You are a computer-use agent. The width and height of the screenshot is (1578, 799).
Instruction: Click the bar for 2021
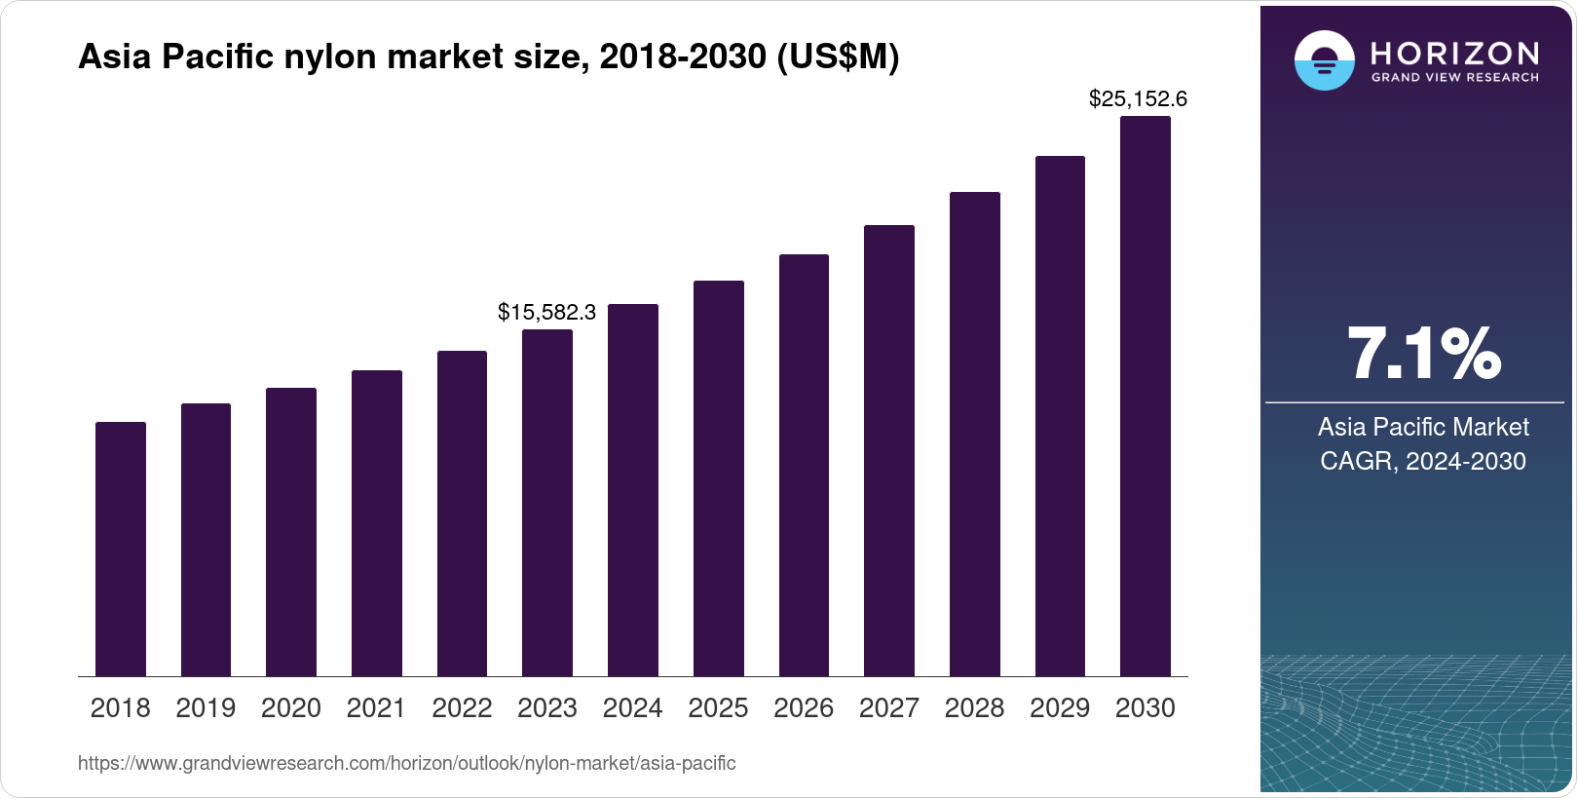tap(377, 523)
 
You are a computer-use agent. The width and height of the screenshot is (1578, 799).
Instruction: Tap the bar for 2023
tap(547, 503)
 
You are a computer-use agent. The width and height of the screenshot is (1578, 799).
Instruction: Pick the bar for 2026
tap(804, 465)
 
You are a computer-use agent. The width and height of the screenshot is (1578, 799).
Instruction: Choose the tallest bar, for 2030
tap(1146, 396)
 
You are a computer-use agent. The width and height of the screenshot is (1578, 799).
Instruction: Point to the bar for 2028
tap(975, 434)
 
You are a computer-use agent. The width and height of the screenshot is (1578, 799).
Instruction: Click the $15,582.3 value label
tap(546, 312)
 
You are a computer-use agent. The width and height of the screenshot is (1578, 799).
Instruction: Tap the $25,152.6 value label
tap(1138, 98)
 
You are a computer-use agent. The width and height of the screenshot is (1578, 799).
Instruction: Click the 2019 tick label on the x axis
tap(206, 708)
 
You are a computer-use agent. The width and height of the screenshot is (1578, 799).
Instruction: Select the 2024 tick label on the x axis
tap(632, 708)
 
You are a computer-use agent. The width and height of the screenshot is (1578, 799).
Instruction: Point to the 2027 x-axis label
tap(889, 708)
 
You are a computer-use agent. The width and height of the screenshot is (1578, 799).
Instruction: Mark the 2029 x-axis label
tap(1060, 708)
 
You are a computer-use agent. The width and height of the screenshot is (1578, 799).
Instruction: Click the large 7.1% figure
tap(1423, 355)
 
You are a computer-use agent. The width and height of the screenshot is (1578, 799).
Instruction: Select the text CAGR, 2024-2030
tap(1422, 461)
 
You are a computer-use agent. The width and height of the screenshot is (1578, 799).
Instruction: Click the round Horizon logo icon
tap(1324, 60)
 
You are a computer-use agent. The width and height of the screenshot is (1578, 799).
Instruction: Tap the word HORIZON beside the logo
tap(1454, 53)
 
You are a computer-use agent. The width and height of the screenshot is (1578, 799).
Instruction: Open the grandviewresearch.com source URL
tap(406, 763)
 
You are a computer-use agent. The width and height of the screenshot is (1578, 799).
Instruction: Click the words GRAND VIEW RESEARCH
tap(1454, 77)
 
